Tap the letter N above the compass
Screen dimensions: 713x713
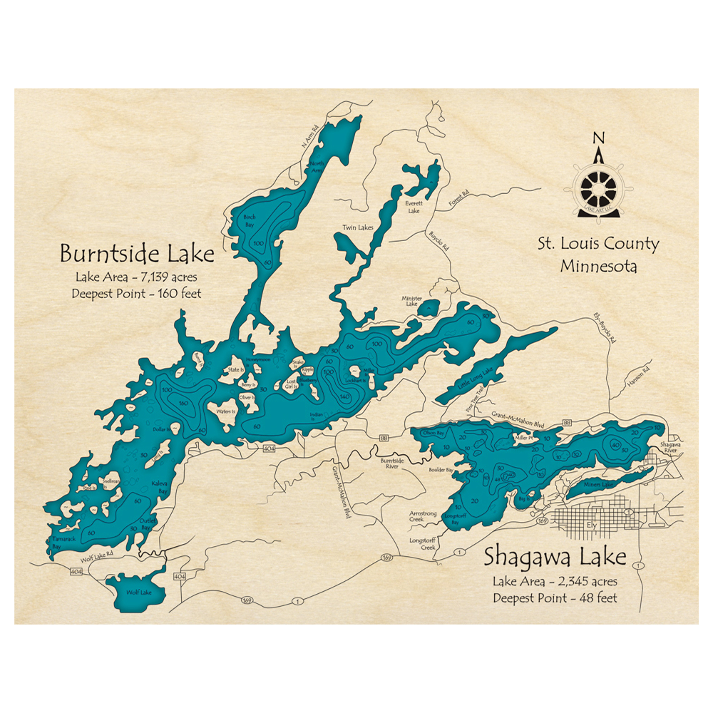(598, 138)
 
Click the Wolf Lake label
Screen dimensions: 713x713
(135, 592)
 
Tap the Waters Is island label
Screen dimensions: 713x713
(226, 412)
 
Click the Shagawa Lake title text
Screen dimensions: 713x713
(554, 555)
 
